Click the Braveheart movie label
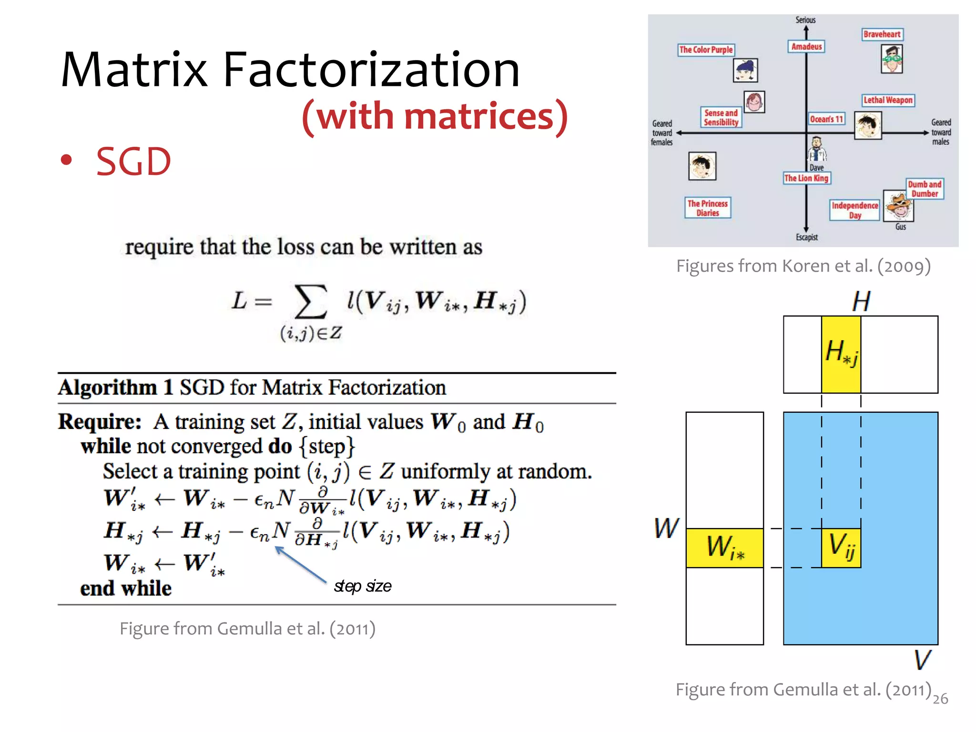[x=882, y=34]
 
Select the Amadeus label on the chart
[x=806, y=47]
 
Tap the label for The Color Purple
[x=706, y=50]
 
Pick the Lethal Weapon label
[x=888, y=100]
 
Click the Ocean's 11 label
[x=826, y=119]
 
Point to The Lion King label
[x=806, y=178]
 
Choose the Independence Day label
[x=854, y=210]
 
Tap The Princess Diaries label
[x=707, y=208]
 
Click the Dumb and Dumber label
[x=925, y=189]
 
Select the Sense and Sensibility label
[x=721, y=118]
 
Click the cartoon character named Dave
[x=816, y=150]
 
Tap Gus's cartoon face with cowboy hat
[x=899, y=205]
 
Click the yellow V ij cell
[x=841, y=548]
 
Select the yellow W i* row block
[x=724, y=548]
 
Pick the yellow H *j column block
[x=841, y=354]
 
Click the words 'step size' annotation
[x=363, y=586]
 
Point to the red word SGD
[x=133, y=162]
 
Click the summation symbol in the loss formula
[x=311, y=302]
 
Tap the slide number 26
[x=940, y=699]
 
